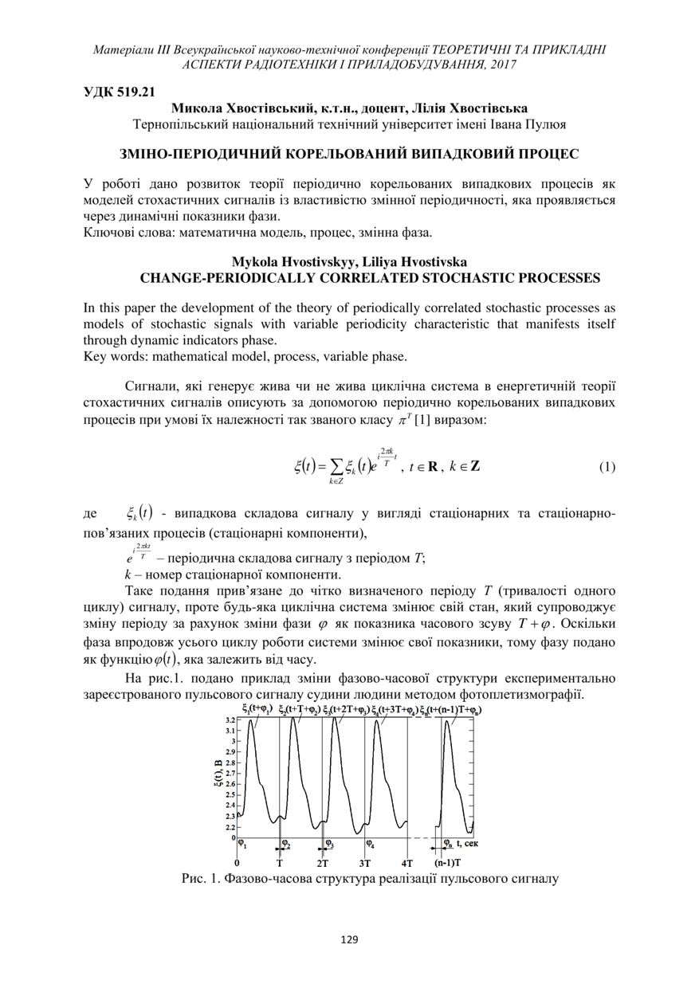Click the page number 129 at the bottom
349,939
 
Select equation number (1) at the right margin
607,467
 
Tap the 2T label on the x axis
323,863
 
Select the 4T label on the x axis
407,863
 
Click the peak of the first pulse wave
252,721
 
